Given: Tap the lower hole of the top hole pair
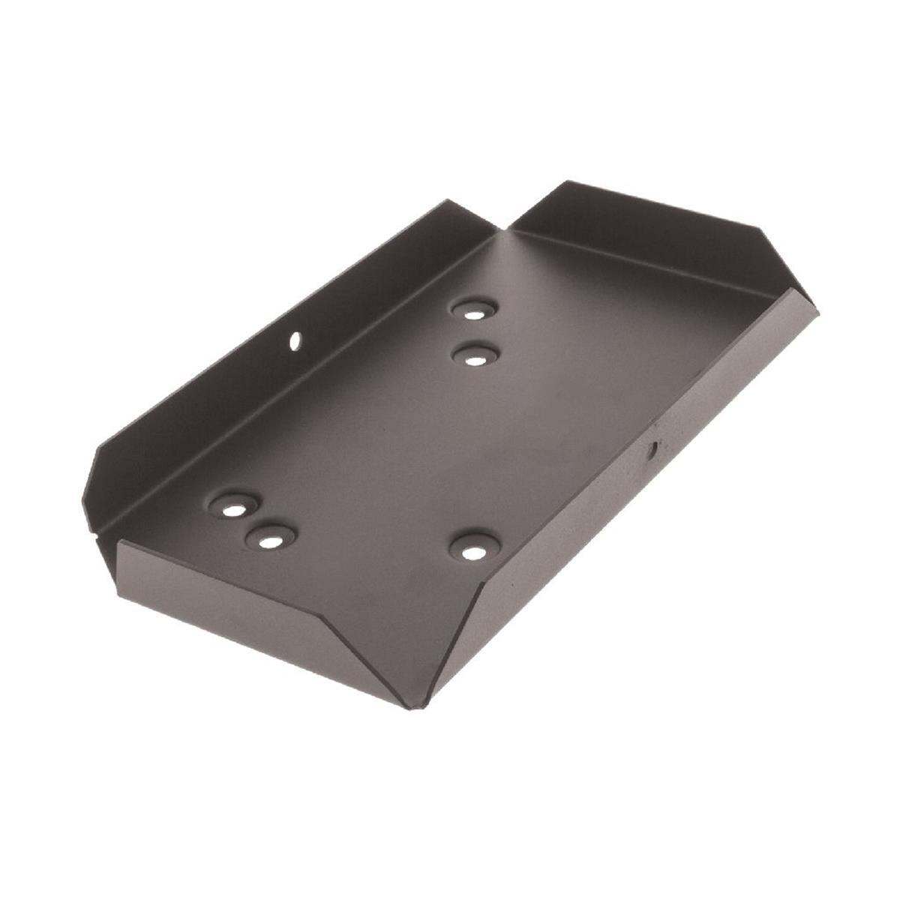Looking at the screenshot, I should tap(474, 360).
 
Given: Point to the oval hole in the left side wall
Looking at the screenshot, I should tap(295, 341).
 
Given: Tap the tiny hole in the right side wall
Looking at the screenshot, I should tap(652, 450).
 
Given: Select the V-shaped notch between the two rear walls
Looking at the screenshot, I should tap(504, 225).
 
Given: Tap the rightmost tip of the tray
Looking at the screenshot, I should tap(817, 309).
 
